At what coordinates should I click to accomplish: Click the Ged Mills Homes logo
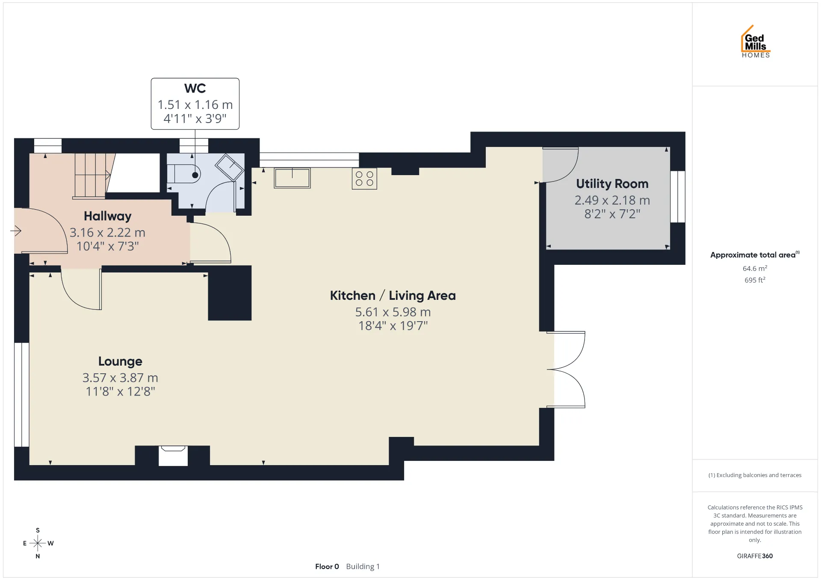756,41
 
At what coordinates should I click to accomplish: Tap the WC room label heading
195,88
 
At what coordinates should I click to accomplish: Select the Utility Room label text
612,184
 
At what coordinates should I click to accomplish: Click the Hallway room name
107,216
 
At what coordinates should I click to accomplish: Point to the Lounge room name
120,361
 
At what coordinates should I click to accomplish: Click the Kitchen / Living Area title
393,296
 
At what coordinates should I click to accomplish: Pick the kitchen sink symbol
292,178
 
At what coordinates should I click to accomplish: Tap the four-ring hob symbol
364,179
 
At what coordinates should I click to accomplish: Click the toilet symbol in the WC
184,174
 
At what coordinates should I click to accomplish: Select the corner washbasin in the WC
230,167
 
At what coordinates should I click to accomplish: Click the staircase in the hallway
92,176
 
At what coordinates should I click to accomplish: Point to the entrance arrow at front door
16,231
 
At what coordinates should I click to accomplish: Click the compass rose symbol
38,543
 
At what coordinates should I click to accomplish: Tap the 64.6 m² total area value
755,268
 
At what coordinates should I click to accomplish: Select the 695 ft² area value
755,280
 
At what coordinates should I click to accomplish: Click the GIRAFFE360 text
755,556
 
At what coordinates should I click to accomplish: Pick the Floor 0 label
327,566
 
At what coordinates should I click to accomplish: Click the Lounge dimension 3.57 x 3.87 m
120,378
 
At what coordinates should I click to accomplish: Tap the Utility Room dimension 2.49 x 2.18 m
612,200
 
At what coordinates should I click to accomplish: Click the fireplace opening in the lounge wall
173,456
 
